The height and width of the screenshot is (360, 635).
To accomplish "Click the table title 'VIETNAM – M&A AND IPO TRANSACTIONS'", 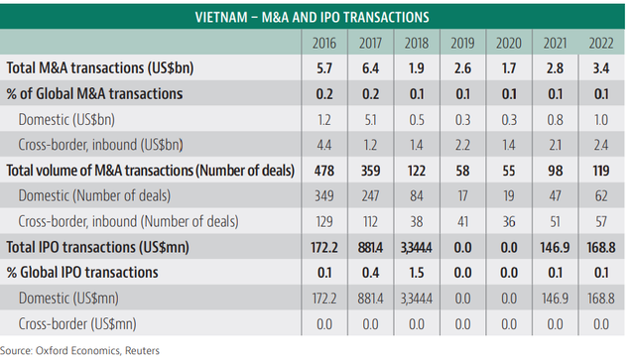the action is pos(312,18).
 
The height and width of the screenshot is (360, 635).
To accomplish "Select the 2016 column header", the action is pos(324,44).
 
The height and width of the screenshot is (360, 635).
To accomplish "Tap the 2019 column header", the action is pos(462,44).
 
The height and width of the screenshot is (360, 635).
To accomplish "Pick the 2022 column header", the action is pos(601,44).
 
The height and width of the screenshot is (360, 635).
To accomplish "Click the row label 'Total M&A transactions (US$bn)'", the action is pos(100,68).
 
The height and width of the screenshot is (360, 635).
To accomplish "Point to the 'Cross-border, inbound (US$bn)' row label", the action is pos(100,145).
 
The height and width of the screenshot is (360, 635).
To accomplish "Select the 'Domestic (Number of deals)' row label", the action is pos(94,196).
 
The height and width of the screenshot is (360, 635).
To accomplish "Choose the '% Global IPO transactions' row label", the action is pos(82,273).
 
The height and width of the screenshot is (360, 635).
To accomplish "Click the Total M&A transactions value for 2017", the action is pos(370,68).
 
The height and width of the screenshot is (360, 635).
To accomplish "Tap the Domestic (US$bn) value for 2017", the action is pos(370,120).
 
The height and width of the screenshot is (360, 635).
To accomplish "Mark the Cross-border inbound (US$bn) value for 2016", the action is pos(324,146).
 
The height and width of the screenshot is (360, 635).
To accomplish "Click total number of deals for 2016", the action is pos(324,171).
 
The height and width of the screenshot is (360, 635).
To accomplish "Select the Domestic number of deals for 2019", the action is pos(462,196).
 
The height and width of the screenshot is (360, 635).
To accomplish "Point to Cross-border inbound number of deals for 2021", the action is pos(555,222).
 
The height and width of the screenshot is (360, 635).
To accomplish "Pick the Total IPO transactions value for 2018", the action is pos(417,247).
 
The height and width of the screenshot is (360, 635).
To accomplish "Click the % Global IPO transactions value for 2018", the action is pos(417,273).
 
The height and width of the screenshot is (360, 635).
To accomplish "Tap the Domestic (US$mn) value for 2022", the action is pos(601,299).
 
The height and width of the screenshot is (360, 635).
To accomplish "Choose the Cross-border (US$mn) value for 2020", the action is pos(509,324).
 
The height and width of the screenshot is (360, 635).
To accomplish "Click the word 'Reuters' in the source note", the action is pos(142,351).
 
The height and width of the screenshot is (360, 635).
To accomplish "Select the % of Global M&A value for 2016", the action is pos(324,94).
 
